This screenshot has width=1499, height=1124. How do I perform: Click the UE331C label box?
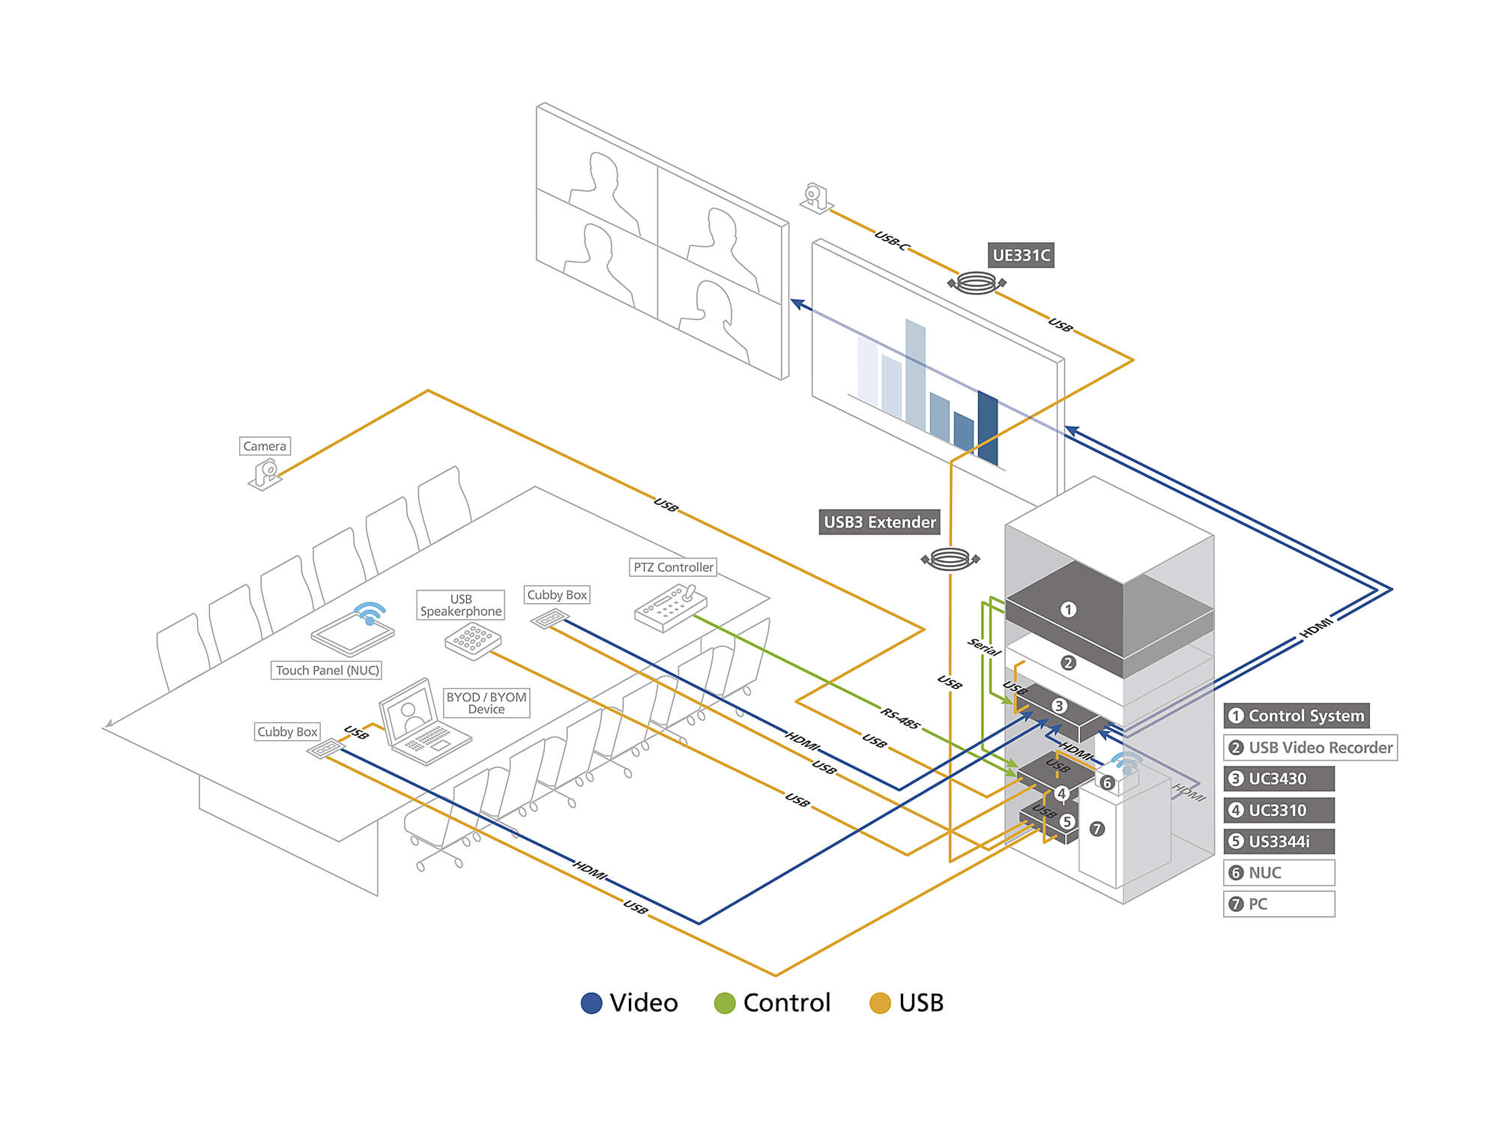click(x=1021, y=256)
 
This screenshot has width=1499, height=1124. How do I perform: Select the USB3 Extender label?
click(x=880, y=522)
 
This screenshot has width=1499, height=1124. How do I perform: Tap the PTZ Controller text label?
click(x=673, y=567)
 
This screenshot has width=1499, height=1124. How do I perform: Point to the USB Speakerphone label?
click(x=460, y=605)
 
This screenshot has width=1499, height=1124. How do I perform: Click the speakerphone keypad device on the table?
click(x=473, y=641)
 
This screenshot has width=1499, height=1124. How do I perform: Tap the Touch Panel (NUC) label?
click(x=327, y=670)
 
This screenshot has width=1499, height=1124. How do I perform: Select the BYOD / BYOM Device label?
click(x=486, y=703)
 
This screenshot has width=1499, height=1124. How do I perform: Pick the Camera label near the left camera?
click(x=265, y=446)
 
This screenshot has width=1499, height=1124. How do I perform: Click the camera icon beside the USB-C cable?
click(x=815, y=197)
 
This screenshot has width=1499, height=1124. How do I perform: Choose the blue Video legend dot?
click(x=591, y=1003)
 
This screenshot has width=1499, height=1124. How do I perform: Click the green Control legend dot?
click(x=725, y=1003)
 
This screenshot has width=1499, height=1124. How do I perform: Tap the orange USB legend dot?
click(x=880, y=1003)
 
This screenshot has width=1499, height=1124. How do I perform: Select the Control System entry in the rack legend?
click(x=1297, y=716)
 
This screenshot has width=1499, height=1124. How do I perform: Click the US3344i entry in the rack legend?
click(x=1279, y=842)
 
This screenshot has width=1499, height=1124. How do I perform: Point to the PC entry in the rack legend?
click(x=1279, y=904)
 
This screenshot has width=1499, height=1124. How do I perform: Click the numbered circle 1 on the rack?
click(x=1068, y=610)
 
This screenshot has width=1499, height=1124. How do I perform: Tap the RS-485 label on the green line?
click(x=900, y=718)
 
